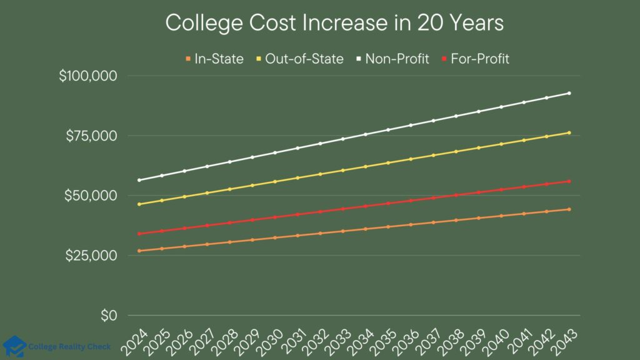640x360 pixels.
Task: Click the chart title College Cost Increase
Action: [x=334, y=24]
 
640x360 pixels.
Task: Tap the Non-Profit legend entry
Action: [x=393, y=59]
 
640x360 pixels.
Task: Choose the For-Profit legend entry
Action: [x=474, y=59]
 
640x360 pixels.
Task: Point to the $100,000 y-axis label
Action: [x=88, y=76]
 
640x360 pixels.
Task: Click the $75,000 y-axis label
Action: [x=91, y=136]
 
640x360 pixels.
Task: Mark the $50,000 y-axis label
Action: [x=91, y=196]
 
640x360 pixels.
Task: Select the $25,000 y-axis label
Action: [x=91, y=256]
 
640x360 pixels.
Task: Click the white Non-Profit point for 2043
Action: [x=569, y=93]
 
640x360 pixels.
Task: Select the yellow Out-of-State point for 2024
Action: [x=139, y=204]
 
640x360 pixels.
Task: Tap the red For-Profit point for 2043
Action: [x=569, y=181]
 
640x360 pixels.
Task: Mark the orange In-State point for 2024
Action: [x=139, y=251]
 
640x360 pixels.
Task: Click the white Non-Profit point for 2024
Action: [x=139, y=180]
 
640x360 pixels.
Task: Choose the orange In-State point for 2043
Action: [x=569, y=209]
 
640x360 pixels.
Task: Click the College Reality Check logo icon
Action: [x=14, y=346]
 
